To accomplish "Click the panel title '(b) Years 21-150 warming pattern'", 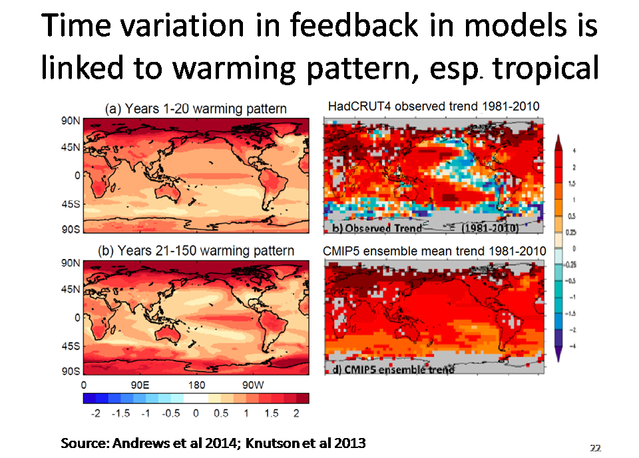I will pos(196,251).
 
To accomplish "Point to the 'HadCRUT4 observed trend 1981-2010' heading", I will pos(433,107).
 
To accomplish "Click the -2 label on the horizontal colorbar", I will pos(95,413).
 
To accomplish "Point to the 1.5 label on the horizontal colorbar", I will pos(271,413).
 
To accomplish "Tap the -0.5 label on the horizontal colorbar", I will pos(170,413).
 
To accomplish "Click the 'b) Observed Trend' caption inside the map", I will pos(376,228).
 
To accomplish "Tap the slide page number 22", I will pos(595,448).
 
